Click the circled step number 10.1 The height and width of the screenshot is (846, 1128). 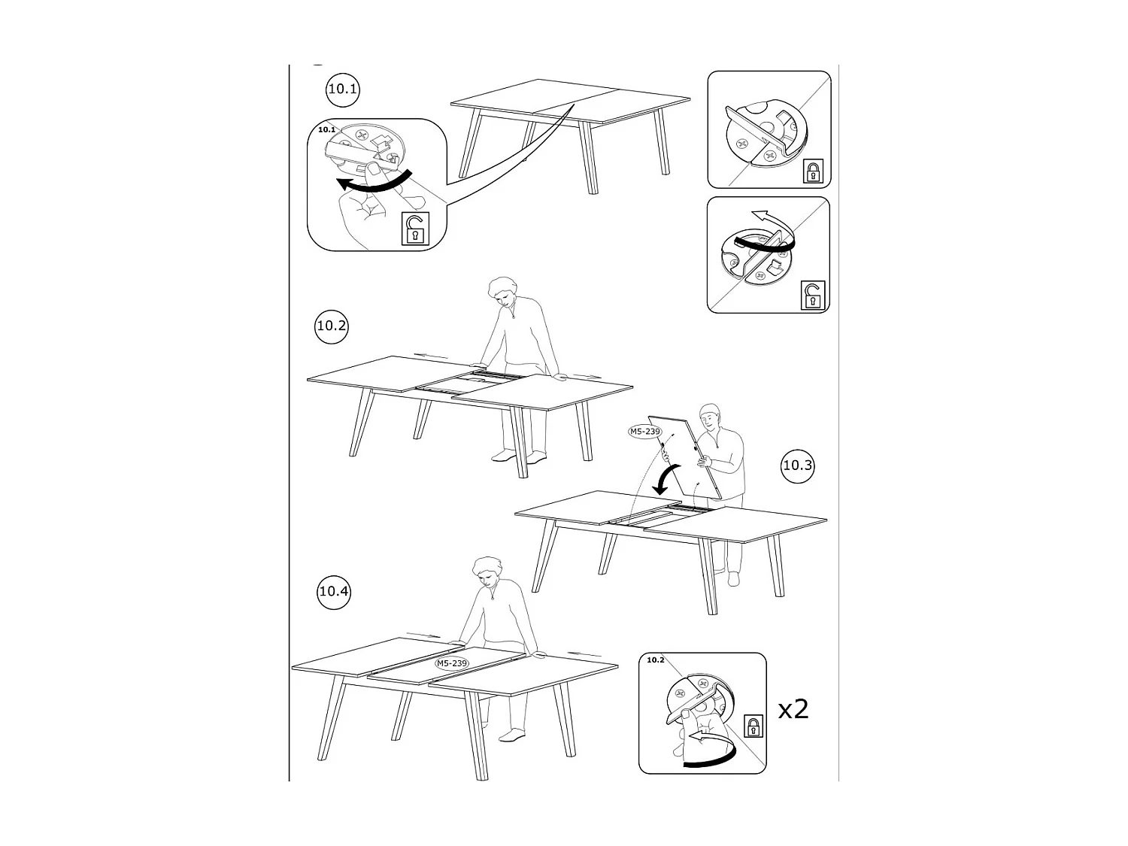point(343,89)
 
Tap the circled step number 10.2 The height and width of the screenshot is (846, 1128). point(331,326)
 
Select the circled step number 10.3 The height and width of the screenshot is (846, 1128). point(798,465)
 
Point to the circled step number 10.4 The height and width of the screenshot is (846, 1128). point(334,591)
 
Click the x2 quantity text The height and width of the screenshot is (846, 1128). point(793,709)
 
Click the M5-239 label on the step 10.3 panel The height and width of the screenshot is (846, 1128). point(644,432)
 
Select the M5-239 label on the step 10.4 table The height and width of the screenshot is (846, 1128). point(452,663)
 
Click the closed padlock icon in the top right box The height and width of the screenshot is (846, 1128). point(811,171)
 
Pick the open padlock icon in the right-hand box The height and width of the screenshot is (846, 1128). point(811,295)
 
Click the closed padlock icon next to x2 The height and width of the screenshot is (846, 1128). point(753,726)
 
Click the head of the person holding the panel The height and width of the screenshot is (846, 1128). point(709,416)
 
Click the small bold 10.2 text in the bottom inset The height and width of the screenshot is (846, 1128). point(655,660)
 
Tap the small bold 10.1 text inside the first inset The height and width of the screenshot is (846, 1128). point(326,129)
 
